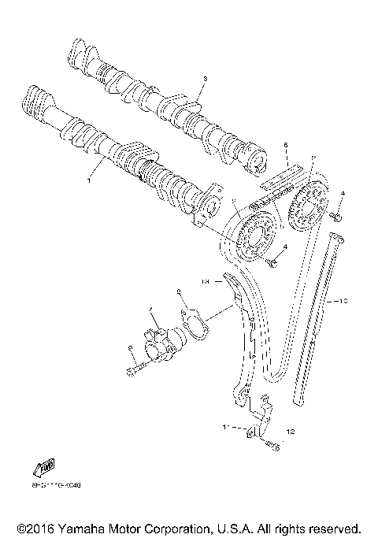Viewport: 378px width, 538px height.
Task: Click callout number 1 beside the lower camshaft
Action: click(x=89, y=180)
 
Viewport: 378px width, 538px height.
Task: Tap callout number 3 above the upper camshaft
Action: click(x=203, y=79)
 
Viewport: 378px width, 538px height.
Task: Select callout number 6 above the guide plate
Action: click(x=287, y=145)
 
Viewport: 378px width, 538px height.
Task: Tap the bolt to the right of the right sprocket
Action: click(x=337, y=213)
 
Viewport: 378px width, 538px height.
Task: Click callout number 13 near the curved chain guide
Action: click(x=204, y=280)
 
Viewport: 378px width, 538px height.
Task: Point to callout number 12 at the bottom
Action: click(x=290, y=432)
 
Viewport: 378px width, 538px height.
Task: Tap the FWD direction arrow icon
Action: click(x=44, y=468)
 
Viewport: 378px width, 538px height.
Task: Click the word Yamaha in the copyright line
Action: click(x=80, y=528)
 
